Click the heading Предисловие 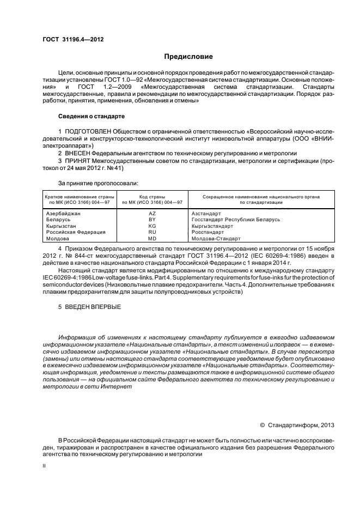point(188,57)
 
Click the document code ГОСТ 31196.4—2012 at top point(74,40)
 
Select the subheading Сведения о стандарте point(91,117)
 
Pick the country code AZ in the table point(152,213)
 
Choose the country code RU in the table point(152,232)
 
